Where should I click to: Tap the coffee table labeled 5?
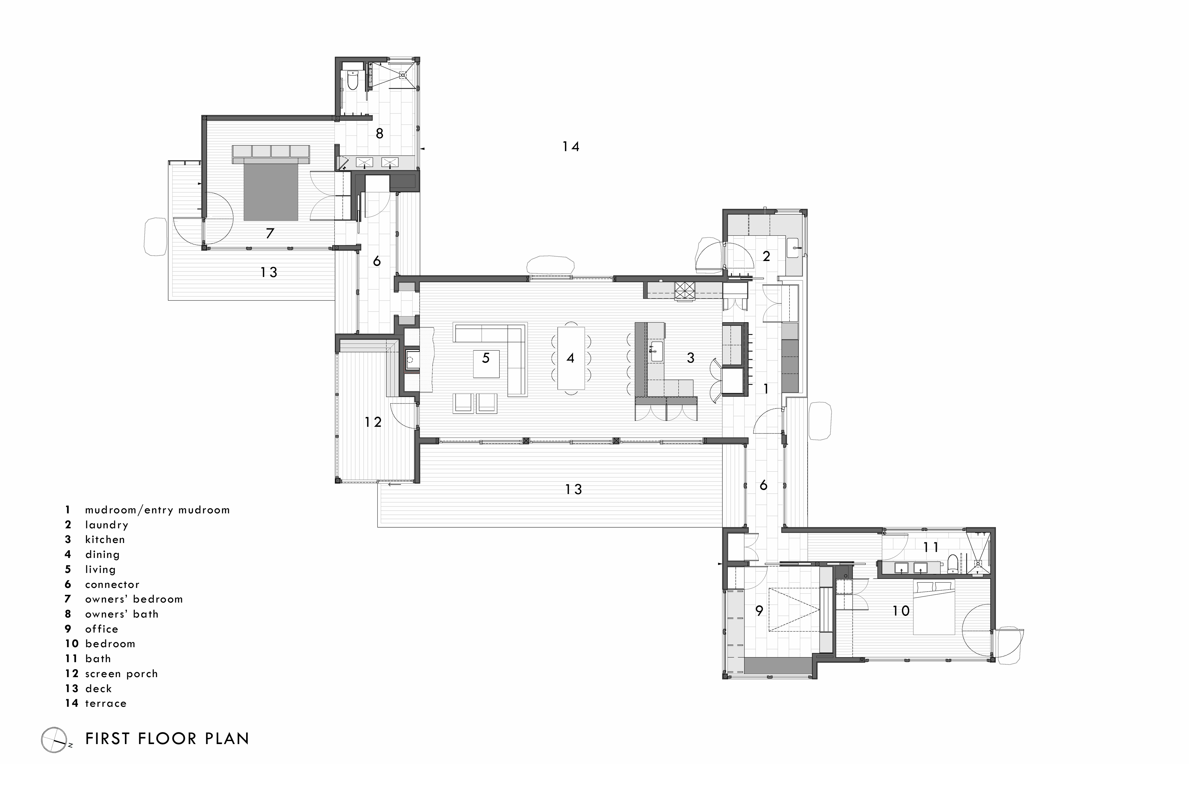point(486,363)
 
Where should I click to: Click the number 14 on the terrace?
point(571,147)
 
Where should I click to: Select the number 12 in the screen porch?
point(373,422)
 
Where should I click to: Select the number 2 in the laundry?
point(766,256)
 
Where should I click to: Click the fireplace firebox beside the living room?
point(412,359)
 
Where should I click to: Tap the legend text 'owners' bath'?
point(122,614)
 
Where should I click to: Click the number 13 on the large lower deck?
point(574,489)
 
